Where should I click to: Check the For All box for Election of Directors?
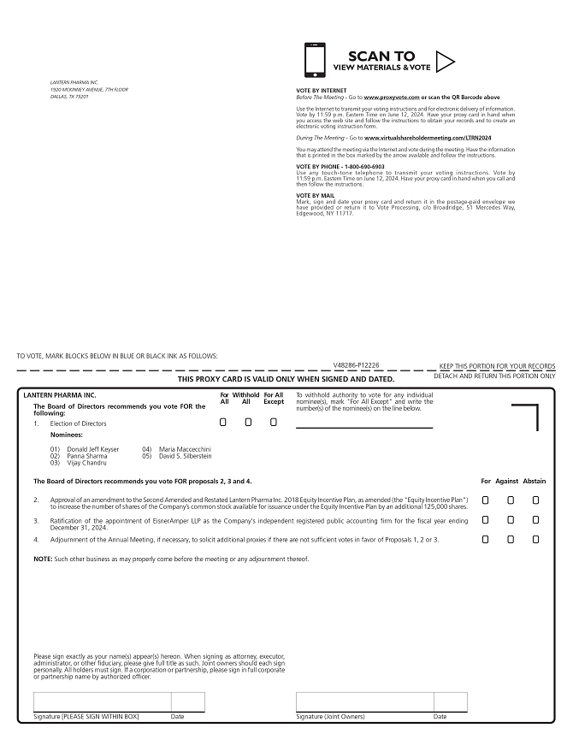(x=223, y=422)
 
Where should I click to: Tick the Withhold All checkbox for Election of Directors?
(x=248, y=422)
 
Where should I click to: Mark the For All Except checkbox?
(x=274, y=422)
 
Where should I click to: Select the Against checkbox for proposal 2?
(x=511, y=500)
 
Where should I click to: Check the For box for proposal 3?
(x=486, y=520)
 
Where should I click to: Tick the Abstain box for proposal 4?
(x=536, y=539)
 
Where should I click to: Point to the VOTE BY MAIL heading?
(x=315, y=196)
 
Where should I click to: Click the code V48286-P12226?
(x=357, y=364)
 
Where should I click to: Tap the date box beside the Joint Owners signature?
(x=450, y=702)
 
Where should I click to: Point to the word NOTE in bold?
(x=42, y=559)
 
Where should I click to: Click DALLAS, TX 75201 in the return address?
(x=69, y=97)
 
